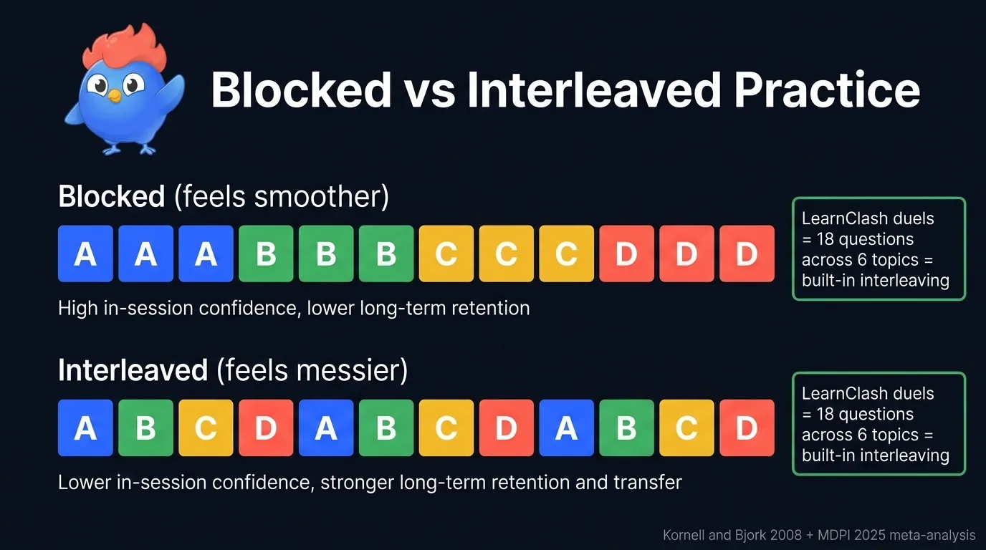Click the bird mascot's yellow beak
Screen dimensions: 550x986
tap(114, 94)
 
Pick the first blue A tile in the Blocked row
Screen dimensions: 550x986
tap(85, 254)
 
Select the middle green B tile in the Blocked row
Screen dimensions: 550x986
tap(326, 254)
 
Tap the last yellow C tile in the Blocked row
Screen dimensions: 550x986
tap(567, 254)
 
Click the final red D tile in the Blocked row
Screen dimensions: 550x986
tap(747, 254)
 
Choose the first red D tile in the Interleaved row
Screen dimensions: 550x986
tap(266, 428)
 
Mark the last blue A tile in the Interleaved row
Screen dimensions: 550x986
tap(567, 428)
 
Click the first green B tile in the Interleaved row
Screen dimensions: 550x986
tap(145, 428)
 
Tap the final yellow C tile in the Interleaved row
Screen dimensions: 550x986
tap(686, 428)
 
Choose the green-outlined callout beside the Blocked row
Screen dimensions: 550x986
tap(879, 249)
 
